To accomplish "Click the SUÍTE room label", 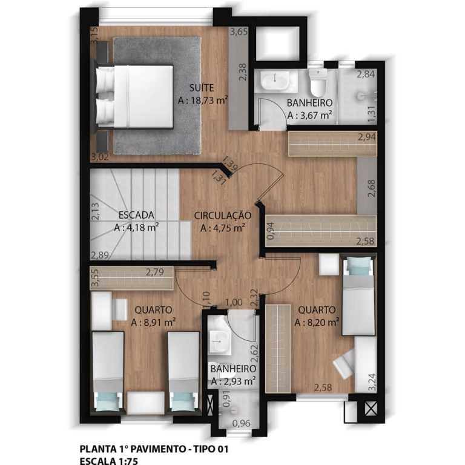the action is point(202,88).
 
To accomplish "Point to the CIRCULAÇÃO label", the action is point(222,216).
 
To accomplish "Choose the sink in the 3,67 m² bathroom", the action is point(275,81).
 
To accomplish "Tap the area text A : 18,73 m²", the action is point(203,101).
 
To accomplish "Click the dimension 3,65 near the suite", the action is point(239,31).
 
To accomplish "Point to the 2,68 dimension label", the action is point(371,188).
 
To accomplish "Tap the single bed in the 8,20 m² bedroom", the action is point(359,295).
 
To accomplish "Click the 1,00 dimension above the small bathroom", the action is point(234,303).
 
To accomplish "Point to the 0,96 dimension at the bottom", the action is point(241,423).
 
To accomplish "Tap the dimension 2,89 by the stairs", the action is point(100,256).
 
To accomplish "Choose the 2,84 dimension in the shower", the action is point(366,74).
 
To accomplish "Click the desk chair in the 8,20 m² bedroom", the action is point(345,364).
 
